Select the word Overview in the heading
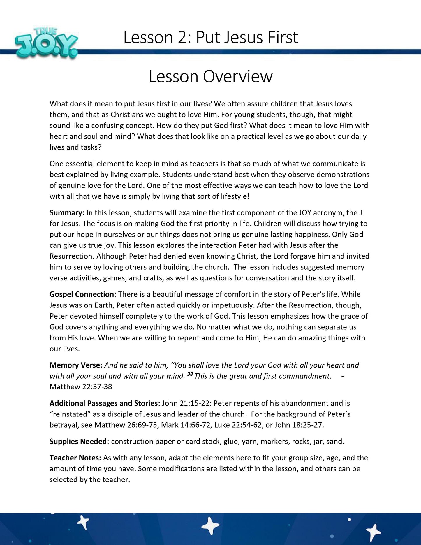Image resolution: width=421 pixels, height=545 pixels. (x=238, y=76)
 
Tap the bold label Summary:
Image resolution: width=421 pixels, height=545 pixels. (x=67, y=213)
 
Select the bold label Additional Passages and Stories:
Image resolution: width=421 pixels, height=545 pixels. (x=105, y=403)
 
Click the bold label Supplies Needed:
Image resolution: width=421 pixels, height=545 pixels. (x=79, y=442)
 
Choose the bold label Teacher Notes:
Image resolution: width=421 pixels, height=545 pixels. (x=75, y=458)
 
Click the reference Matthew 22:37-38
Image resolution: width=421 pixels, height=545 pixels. (x=81, y=387)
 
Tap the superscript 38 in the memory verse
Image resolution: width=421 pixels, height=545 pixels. (x=190, y=375)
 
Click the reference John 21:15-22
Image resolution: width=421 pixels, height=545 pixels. (x=186, y=403)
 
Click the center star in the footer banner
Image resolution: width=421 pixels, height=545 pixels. (x=210, y=526)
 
